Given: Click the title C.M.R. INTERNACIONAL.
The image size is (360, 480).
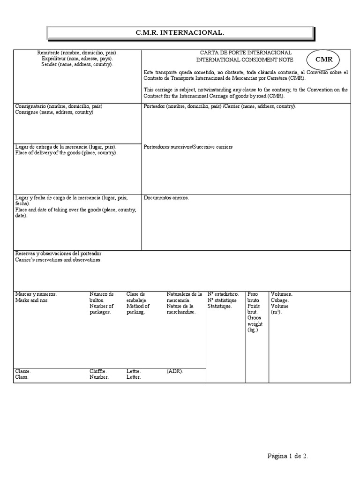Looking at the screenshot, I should coord(180,33).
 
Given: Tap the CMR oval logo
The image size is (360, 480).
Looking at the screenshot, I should coord(324,60).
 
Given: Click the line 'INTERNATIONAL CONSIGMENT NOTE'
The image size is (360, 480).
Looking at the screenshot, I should coord(245,60).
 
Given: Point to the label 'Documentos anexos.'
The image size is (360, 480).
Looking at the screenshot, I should coord(166,198).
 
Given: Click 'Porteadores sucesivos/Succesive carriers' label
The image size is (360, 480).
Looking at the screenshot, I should coord(188,147).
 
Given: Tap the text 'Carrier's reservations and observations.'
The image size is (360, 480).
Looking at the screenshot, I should coord(58,259).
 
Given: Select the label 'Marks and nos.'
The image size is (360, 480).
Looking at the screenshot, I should coord(32,300).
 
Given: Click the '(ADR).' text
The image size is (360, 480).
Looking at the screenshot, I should coord(175,371).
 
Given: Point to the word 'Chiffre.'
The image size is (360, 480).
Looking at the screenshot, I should coord(98,371).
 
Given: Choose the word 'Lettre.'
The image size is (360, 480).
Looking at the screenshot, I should coord(134,371).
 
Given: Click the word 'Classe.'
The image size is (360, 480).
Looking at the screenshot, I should coord(23,371).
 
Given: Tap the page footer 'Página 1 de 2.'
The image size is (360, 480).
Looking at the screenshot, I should coord(288,456).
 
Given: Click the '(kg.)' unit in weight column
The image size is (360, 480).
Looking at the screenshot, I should coord(253,330).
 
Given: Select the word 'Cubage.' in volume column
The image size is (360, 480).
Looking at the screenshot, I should coord(280,300).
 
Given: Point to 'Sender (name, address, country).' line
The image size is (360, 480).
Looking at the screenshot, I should coord(77,65).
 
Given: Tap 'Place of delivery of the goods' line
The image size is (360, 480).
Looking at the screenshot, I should coord(67,153).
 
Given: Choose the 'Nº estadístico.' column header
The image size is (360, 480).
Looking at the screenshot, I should coord(223,294).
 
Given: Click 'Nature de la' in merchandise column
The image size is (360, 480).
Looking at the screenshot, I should coord(180,306).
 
